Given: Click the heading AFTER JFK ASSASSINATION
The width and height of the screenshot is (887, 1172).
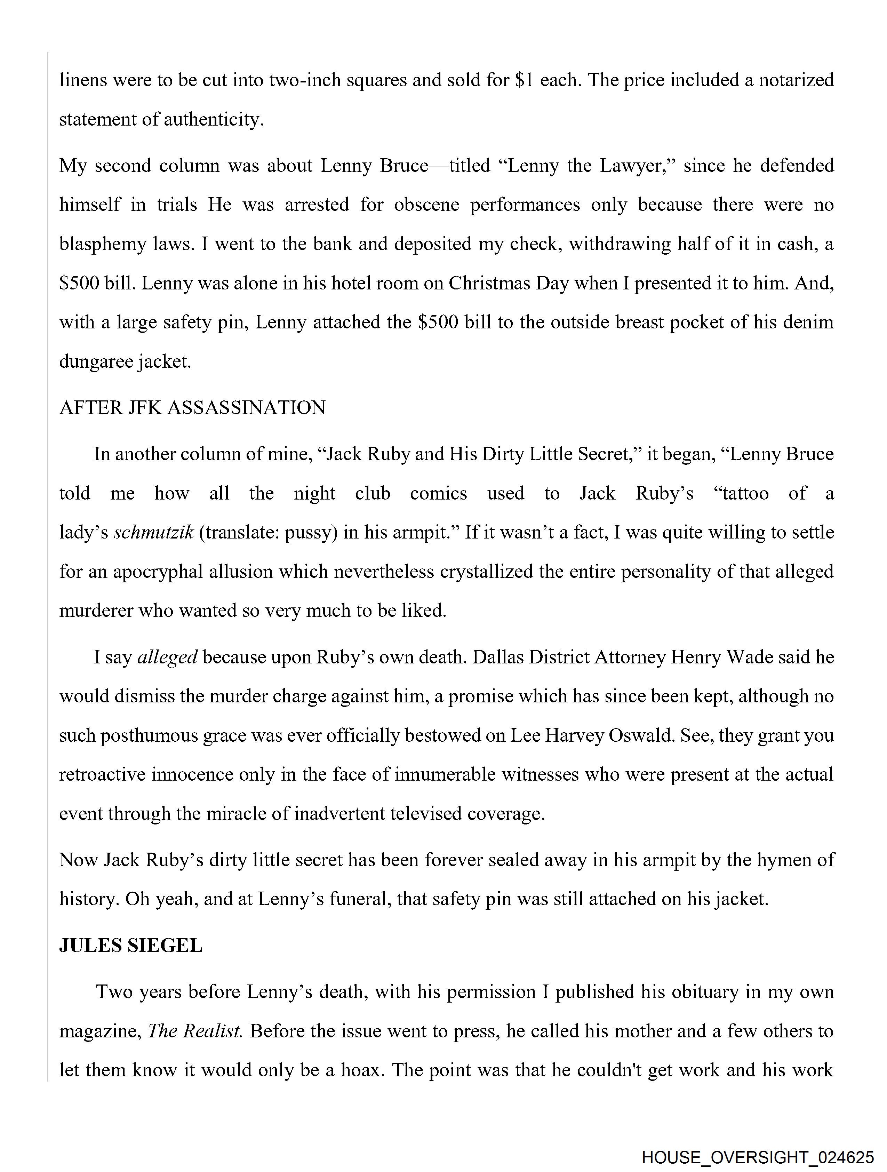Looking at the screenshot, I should coord(192,408).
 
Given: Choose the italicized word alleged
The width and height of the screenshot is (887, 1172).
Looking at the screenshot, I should coord(167,657).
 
